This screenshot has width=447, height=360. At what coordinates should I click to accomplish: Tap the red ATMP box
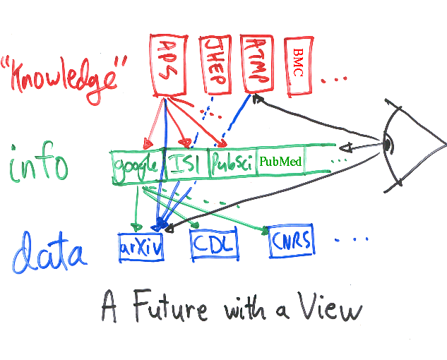coord(255,62)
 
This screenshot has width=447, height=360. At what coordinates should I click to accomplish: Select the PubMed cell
coord(280,162)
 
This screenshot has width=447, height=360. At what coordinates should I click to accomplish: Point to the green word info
coord(39,165)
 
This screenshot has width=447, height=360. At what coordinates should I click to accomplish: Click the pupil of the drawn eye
coord(387,145)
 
